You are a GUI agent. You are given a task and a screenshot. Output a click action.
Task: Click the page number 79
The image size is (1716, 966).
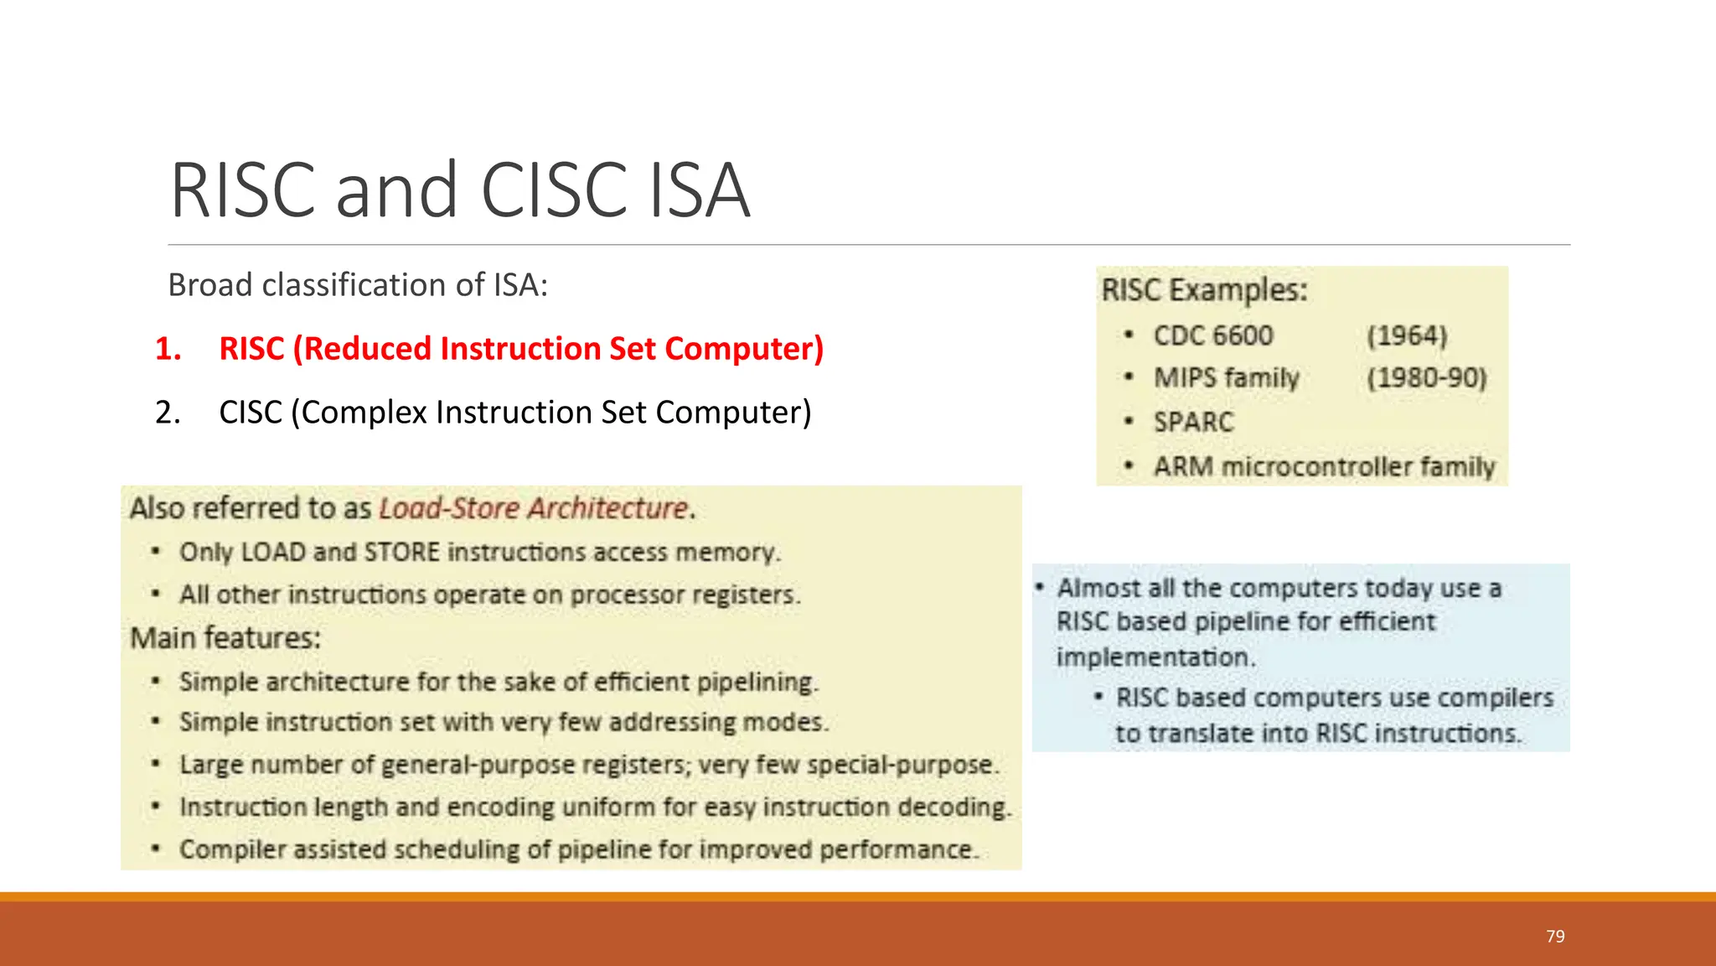(x=1555, y=937)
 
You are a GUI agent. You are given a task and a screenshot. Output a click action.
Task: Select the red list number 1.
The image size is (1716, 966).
(x=168, y=349)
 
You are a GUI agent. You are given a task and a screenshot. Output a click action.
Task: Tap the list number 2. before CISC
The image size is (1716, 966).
(x=168, y=413)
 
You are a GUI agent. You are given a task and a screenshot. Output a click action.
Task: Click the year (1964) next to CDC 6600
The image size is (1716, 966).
(x=1407, y=336)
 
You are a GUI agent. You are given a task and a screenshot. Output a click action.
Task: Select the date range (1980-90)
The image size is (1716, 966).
(x=1426, y=378)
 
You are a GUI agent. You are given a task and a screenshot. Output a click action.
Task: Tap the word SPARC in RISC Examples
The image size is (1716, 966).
(x=1193, y=422)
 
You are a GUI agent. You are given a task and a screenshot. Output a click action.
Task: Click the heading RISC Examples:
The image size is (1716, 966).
(x=1204, y=290)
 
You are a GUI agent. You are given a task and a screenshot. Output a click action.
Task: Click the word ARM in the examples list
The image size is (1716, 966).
(x=1183, y=466)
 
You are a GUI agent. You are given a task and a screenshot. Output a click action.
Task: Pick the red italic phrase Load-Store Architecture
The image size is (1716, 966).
(x=534, y=508)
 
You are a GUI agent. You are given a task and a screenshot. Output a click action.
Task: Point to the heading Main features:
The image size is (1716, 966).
(x=225, y=638)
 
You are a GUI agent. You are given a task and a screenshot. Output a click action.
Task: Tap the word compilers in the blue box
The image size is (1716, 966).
(x=1503, y=698)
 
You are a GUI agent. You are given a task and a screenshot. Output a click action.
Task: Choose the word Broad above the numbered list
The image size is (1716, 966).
(x=210, y=285)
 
